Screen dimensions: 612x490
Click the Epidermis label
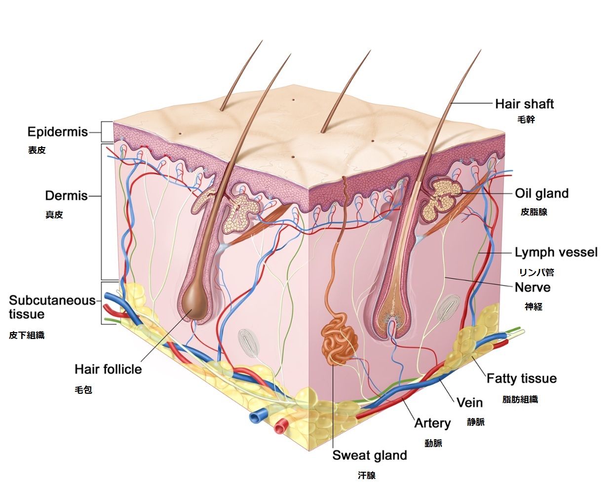click(58, 132)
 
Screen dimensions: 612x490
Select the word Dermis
click(66, 196)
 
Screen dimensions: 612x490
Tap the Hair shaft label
click(525, 104)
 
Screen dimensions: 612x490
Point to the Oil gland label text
click(542, 193)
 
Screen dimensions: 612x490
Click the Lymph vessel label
click(556, 252)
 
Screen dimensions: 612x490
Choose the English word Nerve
click(533, 287)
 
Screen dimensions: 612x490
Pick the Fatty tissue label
click(522, 378)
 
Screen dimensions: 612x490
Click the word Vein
click(469, 403)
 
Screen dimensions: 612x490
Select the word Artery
click(432, 423)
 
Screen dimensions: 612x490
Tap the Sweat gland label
click(370, 455)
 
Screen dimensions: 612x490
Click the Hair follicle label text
click(108, 369)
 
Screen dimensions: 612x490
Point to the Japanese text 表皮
click(37, 150)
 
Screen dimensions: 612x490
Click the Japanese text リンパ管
click(536, 272)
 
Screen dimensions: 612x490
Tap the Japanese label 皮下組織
click(27, 335)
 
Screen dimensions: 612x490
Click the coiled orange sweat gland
click(340, 339)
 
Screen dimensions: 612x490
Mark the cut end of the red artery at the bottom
click(280, 427)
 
